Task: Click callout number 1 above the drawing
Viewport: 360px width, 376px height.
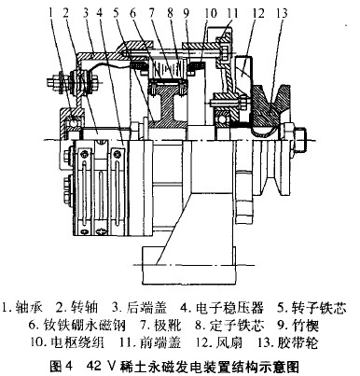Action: pos(51,13)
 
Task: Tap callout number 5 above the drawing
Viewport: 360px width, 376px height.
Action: pos(116,13)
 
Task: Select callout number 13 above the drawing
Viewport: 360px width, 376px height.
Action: pos(281,13)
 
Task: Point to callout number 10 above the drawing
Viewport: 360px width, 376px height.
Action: pos(211,13)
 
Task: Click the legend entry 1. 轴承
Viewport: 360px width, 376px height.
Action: pos(22,307)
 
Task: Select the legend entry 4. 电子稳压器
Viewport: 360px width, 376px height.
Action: pos(222,307)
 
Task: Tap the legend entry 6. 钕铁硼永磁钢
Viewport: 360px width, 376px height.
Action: pos(77,326)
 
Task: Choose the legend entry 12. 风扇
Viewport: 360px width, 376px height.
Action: pos(219,343)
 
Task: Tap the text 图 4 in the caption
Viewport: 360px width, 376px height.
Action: pos(61,366)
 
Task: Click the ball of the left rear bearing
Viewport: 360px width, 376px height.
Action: pos(73,124)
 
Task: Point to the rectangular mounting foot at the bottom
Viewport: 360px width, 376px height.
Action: pos(187,264)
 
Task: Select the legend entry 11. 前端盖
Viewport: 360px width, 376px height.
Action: pos(150,343)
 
